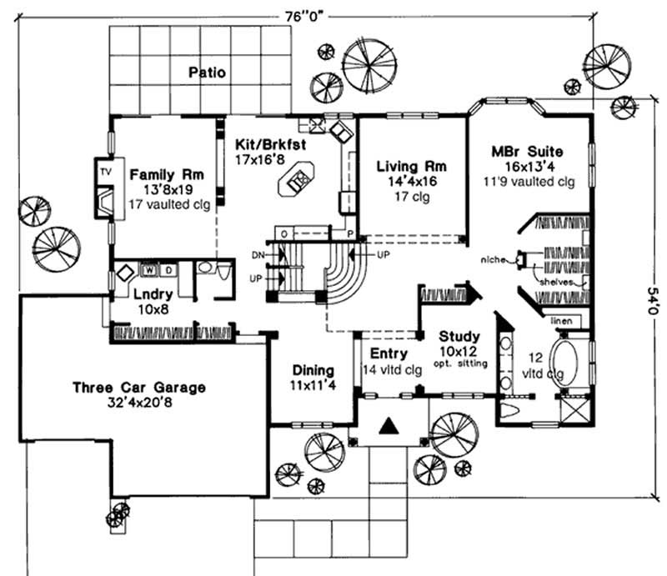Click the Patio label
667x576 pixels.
coord(206,72)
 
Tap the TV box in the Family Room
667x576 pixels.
coord(105,171)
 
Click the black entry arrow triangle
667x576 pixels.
coord(387,426)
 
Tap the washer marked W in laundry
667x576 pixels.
coord(151,269)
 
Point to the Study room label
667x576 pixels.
coord(459,337)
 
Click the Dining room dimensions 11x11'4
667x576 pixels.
coord(313,385)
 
